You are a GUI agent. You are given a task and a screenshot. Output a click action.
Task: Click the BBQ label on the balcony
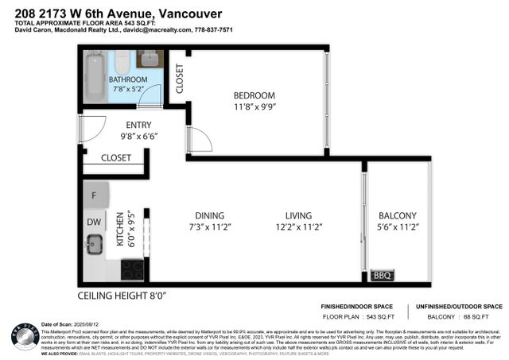coord(382,276)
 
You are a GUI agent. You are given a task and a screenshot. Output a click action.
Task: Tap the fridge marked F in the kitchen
coord(95,195)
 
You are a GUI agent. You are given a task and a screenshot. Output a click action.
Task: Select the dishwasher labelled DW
coord(94,223)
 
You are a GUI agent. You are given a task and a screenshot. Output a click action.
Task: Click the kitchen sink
coord(95,244)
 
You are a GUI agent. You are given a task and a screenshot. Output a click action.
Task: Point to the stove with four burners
coord(132,269)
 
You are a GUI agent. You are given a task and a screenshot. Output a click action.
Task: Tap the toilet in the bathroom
coord(123,62)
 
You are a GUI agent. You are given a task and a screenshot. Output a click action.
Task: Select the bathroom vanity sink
coord(150,59)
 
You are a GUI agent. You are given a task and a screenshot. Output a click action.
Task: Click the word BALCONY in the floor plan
coord(398,215)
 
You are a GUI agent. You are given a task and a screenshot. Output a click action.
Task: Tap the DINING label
coord(208,215)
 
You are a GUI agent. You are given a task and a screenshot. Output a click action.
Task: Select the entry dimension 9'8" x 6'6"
coord(139,137)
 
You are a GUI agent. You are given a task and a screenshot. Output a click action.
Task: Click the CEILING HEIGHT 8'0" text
coord(122,296)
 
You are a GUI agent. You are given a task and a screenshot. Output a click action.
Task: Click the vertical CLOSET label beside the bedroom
coord(180,79)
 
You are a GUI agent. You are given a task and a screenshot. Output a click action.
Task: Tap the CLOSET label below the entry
coord(116,158)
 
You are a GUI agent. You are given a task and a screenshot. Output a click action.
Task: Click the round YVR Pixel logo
coord(25,335)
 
